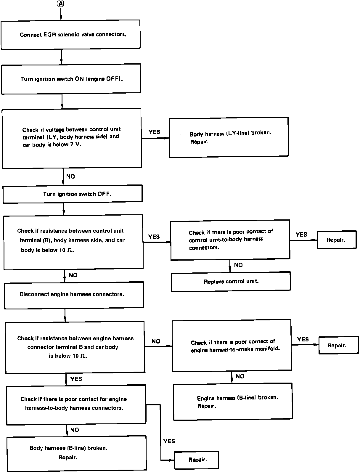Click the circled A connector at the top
[x=61, y=4]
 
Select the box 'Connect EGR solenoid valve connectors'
[x=70, y=35]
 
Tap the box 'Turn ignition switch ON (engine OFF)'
[x=71, y=79]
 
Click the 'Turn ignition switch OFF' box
[x=73, y=194]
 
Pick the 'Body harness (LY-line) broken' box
[x=229, y=137]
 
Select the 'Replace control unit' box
[x=231, y=282]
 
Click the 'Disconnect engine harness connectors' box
[x=74, y=295]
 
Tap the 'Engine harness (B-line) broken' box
[x=233, y=402]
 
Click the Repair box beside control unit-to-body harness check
[x=337, y=240]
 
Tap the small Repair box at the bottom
[x=196, y=460]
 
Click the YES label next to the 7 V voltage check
[x=154, y=132]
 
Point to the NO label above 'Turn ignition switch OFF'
[x=70, y=176]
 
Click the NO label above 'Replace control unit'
[x=238, y=265]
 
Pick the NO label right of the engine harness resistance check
[x=156, y=341]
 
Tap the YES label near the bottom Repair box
[x=169, y=441]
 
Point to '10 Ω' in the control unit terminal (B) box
[x=66, y=250]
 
